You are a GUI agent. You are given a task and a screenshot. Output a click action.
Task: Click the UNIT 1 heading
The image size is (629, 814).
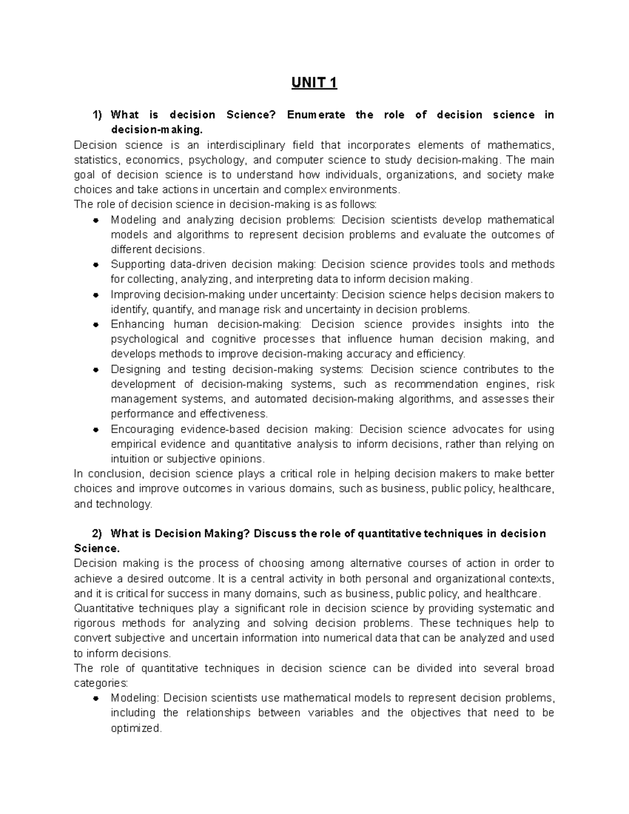(314, 83)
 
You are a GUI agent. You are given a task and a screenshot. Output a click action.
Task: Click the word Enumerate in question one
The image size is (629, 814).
(316, 115)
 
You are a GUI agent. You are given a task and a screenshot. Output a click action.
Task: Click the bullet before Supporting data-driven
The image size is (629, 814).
(96, 265)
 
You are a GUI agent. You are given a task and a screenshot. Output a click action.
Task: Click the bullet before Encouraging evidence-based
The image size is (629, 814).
(96, 430)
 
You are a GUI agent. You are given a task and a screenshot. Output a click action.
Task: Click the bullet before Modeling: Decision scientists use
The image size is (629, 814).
(96, 699)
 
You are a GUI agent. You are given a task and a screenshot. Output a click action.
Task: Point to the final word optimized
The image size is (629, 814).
(136, 728)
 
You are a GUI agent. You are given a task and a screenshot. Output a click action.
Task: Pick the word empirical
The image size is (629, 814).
(133, 444)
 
